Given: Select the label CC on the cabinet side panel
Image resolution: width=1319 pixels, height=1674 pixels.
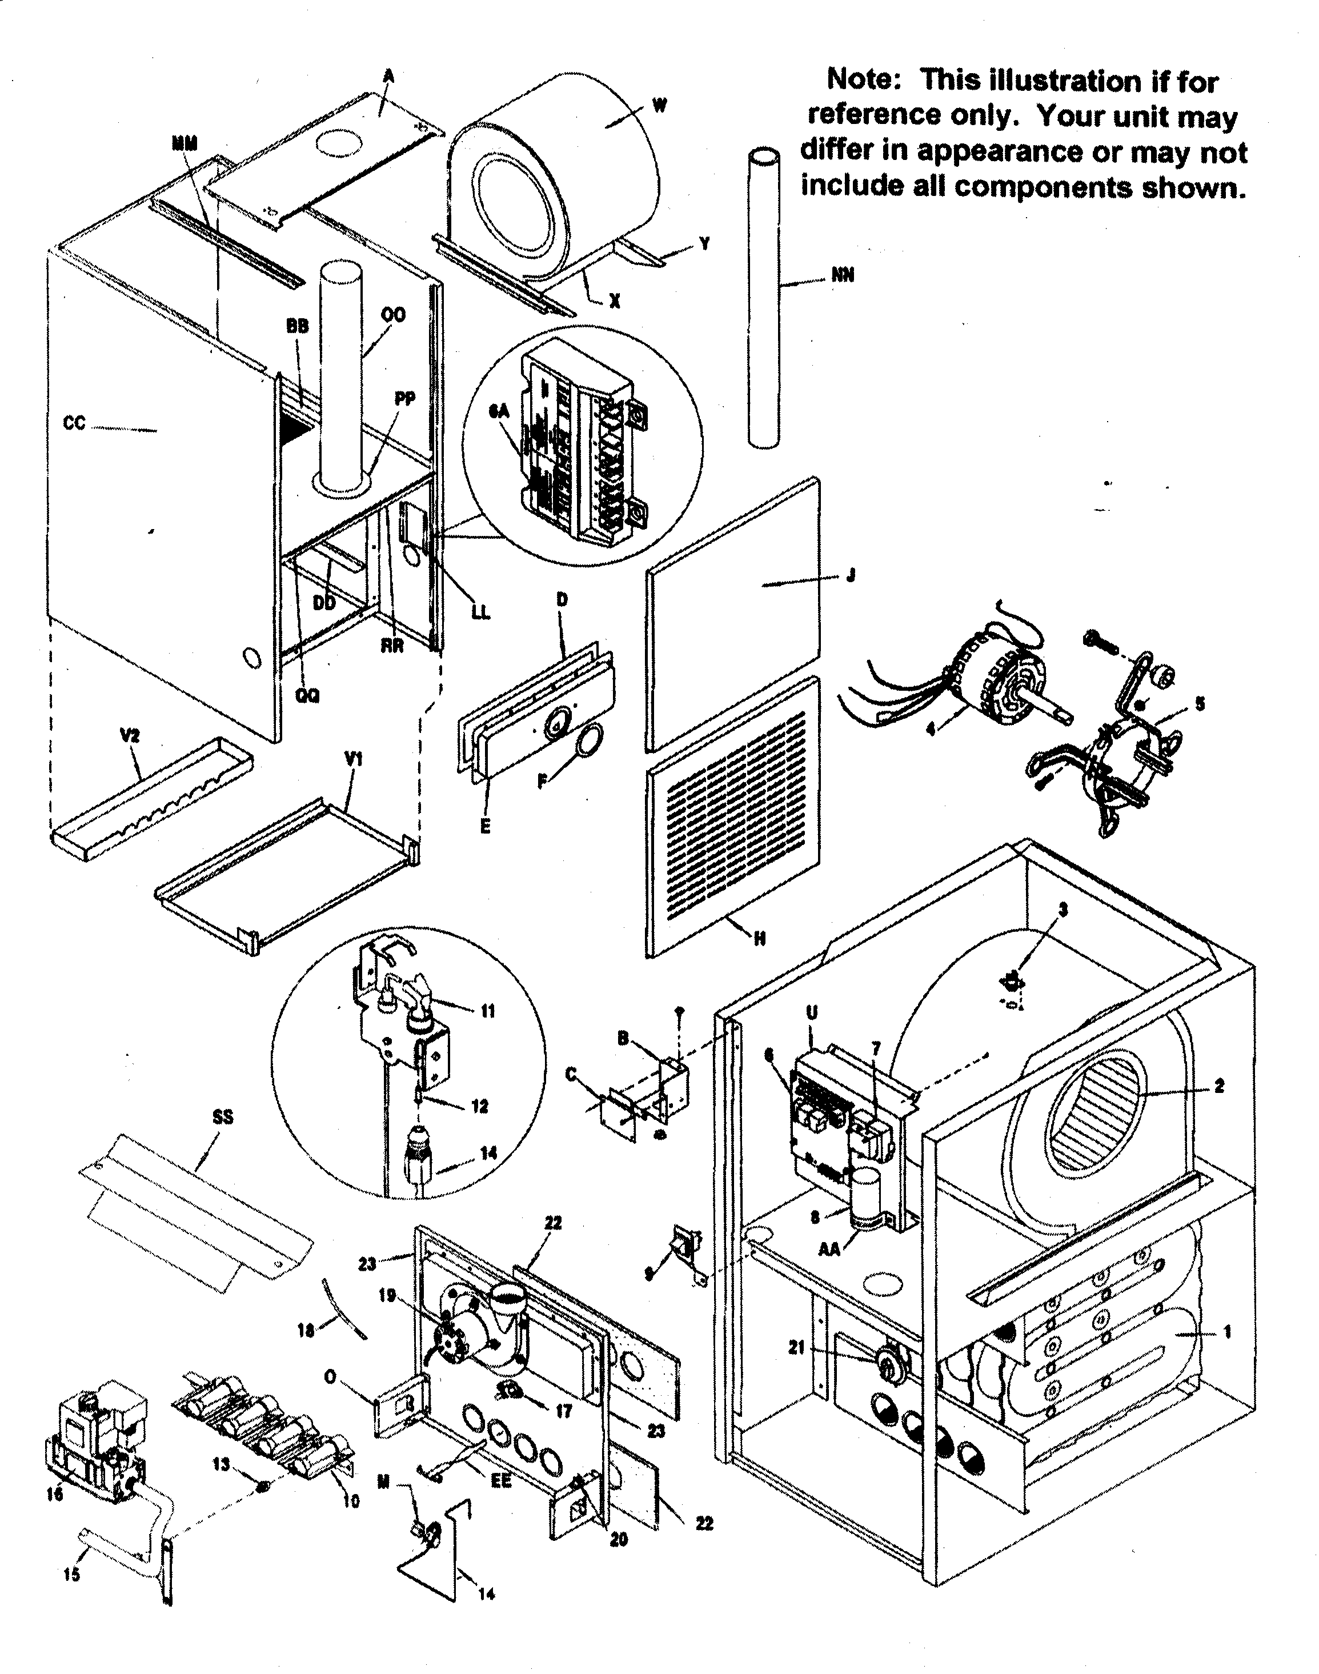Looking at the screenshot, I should (x=74, y=423).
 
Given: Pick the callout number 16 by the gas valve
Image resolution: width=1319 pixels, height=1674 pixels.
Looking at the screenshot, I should (x=54, y=1495).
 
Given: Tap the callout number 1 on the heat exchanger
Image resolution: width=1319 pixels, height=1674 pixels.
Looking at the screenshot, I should (x=1227, y=1331).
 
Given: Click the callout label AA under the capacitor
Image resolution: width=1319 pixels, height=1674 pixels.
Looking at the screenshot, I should (x=829, y=1249).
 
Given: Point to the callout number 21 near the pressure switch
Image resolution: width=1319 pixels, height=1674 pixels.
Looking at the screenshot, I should (x=797, y=1347).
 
